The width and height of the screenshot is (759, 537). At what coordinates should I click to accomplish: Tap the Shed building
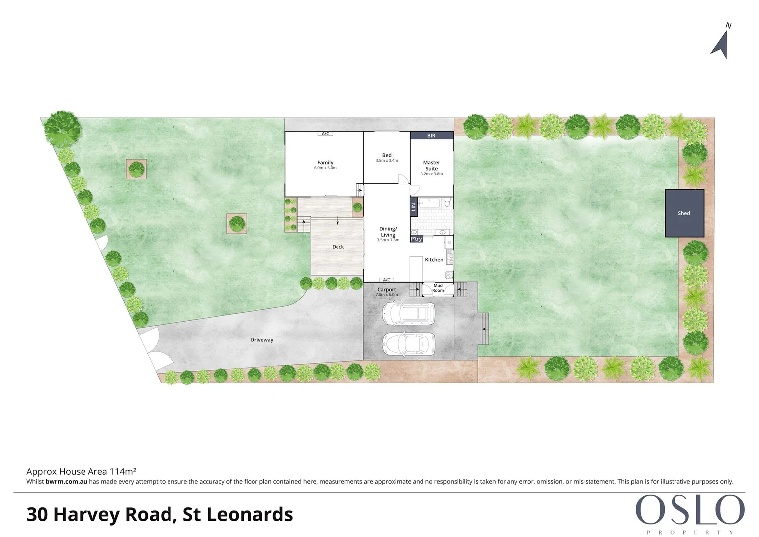tap(684, 213)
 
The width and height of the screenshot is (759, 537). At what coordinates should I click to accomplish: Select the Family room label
tap(325, 163)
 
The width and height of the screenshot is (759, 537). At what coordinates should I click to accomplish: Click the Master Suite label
tap(431, 166)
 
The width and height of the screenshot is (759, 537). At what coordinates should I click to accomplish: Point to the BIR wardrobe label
tap(431, 136)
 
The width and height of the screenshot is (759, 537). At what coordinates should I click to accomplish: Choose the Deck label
tap(338, 247)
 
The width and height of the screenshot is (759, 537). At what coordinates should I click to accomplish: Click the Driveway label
tap(262, 340)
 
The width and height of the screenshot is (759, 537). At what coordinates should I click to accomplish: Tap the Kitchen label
tap(434, 260)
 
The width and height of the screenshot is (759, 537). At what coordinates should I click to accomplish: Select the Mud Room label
tap(438, 288)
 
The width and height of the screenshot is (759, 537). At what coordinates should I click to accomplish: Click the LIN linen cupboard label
tap(413, 207)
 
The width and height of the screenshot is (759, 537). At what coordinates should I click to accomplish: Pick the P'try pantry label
tap(416, 239)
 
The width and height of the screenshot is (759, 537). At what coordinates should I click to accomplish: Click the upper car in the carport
tap(408, 313)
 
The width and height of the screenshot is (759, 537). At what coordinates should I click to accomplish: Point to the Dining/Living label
tap(388, 232)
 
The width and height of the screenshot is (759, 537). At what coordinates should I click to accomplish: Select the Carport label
tap(387, 290)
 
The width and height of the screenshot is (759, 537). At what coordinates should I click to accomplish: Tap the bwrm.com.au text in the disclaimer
tap(66, 482)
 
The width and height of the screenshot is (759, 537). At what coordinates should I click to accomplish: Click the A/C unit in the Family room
tap(325, 134)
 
